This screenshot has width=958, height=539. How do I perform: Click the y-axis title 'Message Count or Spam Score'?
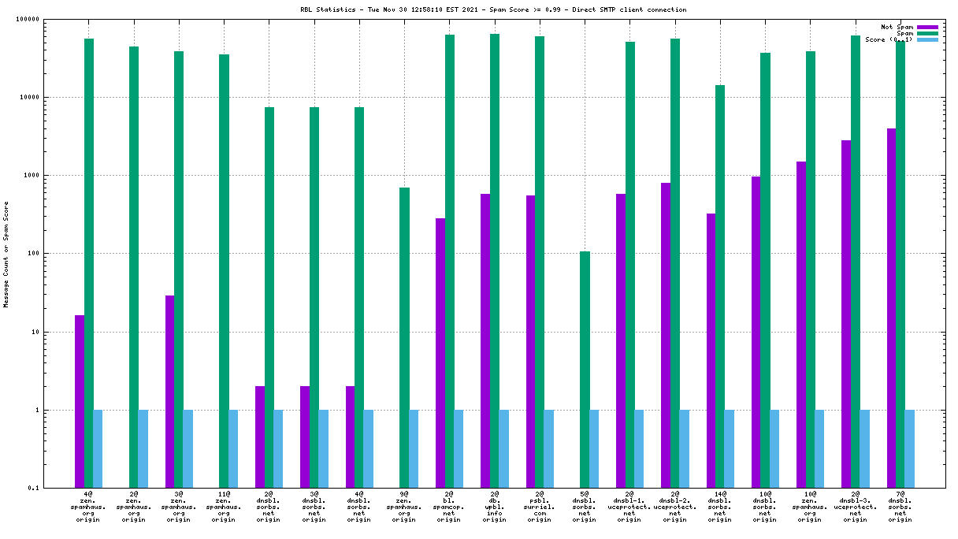(6, 254)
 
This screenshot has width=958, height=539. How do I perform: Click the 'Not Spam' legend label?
(897, 27)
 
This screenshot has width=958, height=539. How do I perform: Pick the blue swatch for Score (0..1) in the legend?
(927, 39)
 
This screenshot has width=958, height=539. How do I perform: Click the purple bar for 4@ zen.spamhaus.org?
(80, 401)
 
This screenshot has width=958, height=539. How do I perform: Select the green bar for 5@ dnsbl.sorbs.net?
(585, 370)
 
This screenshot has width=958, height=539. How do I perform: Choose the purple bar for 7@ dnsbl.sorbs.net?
(891, 308)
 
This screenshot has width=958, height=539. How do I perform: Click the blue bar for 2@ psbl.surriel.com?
(549, 449)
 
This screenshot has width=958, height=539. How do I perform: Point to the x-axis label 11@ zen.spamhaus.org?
(224, 505)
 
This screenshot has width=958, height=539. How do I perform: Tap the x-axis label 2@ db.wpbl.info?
(494, 505)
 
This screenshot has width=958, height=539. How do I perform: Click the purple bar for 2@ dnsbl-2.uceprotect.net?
(666, 335)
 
